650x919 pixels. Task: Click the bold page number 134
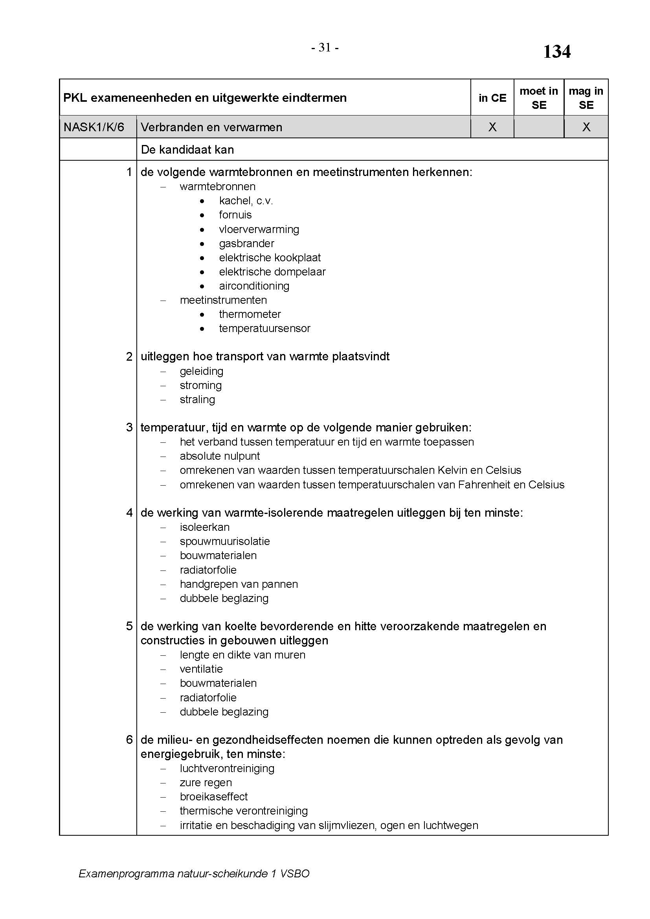[556, 52]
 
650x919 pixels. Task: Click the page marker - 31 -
[325, 48]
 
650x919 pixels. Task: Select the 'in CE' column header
[492, 98]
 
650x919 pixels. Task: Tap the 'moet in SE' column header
[538, 98]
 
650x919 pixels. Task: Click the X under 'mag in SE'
[586, 127]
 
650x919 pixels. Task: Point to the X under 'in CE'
[492, 127]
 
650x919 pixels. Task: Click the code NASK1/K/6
[94, 127]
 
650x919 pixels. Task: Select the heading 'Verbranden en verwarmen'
[211, 127]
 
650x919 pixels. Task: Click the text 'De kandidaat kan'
[187, 150]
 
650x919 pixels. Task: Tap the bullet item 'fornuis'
[235, 215]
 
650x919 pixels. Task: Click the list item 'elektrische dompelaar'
[272, 272]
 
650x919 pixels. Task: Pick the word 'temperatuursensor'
[264, 328]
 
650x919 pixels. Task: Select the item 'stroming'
[200, 385]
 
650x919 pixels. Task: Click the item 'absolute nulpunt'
[220, 456]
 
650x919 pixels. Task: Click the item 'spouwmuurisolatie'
[224, 541]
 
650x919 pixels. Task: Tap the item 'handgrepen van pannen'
[239, 584]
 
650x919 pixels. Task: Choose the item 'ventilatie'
[201, 669]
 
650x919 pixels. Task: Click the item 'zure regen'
[206, 783]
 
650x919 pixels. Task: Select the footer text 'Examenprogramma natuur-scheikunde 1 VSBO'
[194, 874]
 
